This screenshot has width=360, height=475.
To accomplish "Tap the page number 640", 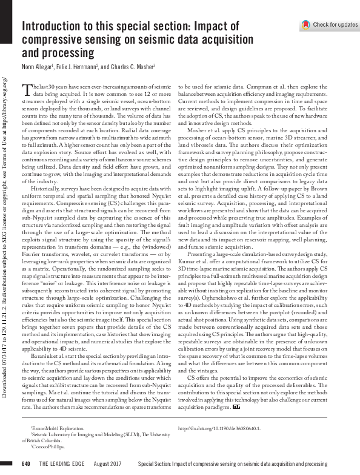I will point(25,464).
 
